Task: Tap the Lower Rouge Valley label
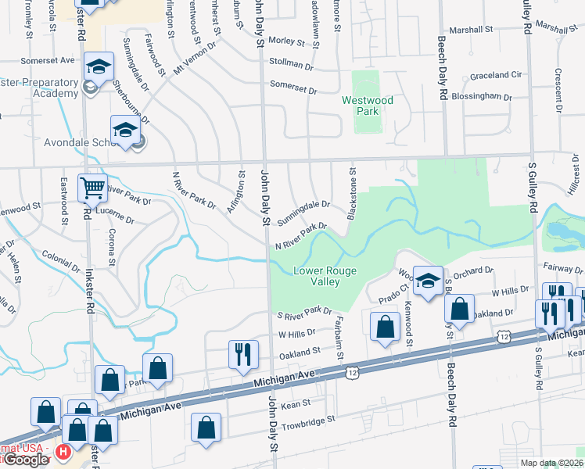325,276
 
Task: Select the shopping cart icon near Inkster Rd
93,188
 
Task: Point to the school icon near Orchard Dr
428,281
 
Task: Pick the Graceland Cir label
495,76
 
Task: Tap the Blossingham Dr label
486,98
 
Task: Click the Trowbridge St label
309,419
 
